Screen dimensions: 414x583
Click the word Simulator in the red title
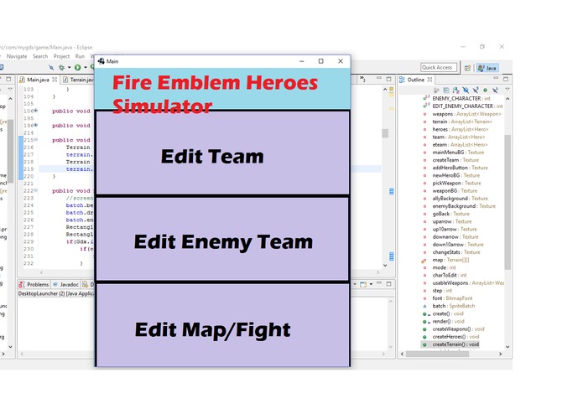coord(162,106)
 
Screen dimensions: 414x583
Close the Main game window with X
coord(340,61)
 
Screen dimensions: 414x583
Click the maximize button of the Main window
coord(320,61)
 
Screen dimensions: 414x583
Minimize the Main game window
coord(300,61)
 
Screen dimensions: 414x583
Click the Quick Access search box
coord(438,67)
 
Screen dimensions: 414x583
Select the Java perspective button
coord(487,67)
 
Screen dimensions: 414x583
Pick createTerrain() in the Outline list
coord(455,344)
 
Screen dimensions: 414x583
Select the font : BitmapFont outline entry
coord(453,298)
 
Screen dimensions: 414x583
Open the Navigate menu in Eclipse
coord(17,55)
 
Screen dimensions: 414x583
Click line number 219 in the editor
coord(29,168)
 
